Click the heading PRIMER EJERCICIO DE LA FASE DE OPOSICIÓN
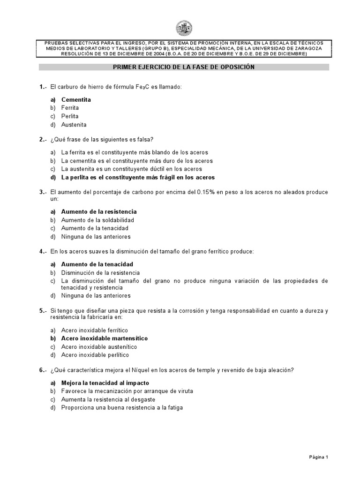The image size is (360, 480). [x=184, y=67]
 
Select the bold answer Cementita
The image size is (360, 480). [x=76, y=99]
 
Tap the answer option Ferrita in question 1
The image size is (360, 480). [x=70, y=108]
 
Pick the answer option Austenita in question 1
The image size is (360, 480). [x=74, y=125]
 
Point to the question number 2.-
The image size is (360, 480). [x=43, y=140]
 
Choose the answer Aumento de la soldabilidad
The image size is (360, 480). [x=97, y=220]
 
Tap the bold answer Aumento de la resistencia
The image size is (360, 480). [x=99, y=211]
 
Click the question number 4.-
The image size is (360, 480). [x=43, y=252]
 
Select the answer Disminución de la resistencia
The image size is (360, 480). [x=100, y=272]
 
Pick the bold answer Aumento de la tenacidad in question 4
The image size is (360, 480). [x=97, y=264]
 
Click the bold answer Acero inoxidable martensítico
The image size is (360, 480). [x=105, y=338]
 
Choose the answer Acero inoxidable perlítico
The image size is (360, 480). [x=95, y=355]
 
